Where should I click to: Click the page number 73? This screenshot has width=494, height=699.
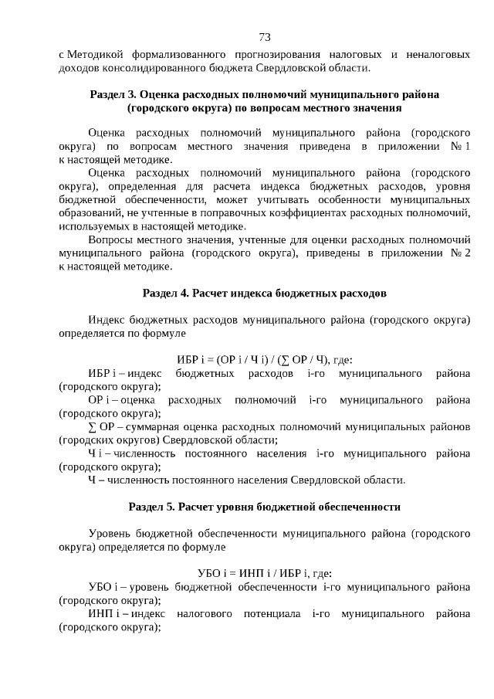point(264,37)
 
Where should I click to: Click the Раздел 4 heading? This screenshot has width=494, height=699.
point(264,294)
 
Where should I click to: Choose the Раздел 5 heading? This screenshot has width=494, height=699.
point(264,507)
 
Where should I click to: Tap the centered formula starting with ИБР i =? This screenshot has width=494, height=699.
point(264,359)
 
